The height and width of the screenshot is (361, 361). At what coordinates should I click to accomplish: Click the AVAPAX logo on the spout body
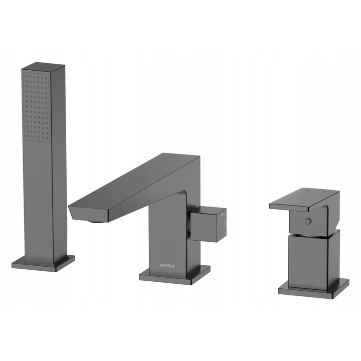[167, 266]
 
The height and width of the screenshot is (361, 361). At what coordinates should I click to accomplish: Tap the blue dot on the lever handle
[324, 192]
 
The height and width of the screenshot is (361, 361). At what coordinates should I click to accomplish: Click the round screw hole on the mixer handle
[308, 222]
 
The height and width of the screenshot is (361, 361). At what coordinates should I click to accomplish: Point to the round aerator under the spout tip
[98, 222]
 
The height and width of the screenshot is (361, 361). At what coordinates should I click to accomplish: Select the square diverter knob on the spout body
[209, 224]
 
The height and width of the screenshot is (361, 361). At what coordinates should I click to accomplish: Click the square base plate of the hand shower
[43, 262]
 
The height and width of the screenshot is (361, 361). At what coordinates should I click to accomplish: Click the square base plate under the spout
[174, 275]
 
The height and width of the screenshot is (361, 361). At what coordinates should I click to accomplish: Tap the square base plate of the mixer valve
[313, 289]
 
